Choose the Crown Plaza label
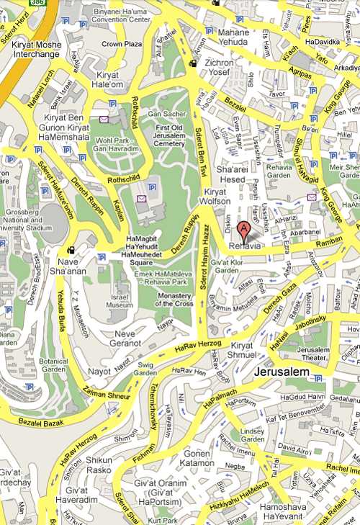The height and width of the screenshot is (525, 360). click(120, 44)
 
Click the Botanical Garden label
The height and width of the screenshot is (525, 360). click(54, 364)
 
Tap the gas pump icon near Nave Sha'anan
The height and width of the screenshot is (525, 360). click(71, 250)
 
